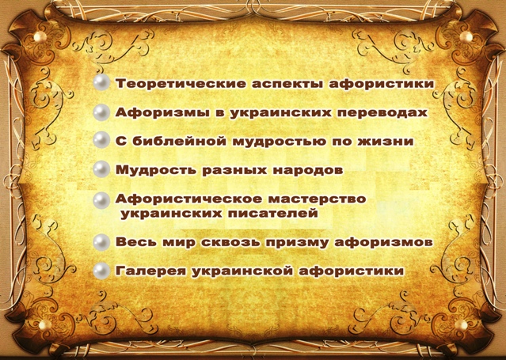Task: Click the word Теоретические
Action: pyautogui.click(x=180, y=84)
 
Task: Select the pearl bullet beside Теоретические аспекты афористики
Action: pyautogui.click(x=101, y=82)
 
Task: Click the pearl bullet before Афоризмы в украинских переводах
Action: pyautogui.click(x=101, y=112)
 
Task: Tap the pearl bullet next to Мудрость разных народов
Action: pyautogui.click(x=101, y=169)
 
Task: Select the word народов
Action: pyautogui.click(x=308, y=170)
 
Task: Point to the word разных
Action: pyautogui.click(x=234, y=171)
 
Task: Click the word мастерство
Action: pyautogui.click(x=318, y=199)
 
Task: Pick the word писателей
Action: pyautogui.click(x=272, y=214)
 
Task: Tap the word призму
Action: pyautogui.click(x=297, y=243)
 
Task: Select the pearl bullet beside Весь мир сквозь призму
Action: pyautogui.click(x=101, y=242)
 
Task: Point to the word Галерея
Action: pyautogui.click(x=150, y=271)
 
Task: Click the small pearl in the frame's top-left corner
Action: pyautogui.click(x=39, y=36)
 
